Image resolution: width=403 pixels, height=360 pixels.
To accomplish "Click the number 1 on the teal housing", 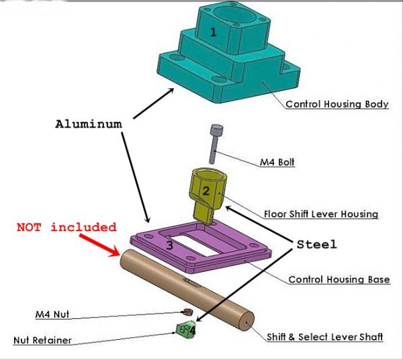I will [x=214, y=32].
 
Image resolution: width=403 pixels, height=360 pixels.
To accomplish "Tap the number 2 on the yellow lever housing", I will [x=206, y=191].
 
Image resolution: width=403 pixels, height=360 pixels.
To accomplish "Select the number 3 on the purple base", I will [x=170, y=245].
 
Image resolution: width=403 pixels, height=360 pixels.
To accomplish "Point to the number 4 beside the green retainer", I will [x=193, y=330].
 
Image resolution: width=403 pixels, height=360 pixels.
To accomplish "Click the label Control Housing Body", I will [x=337, y=104].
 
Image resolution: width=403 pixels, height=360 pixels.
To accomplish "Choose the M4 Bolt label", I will [x=277, y=162].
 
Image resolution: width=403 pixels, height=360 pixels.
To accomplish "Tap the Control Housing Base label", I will [x=339, y=279].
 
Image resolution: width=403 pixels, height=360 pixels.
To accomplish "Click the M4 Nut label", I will [x=52, y=314].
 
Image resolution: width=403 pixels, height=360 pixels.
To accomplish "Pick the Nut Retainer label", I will [x=42, y=341].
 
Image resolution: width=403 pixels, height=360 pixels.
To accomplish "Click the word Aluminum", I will [x=89, y=124].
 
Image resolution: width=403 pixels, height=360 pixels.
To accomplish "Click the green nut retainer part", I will [x=183, y=329].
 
